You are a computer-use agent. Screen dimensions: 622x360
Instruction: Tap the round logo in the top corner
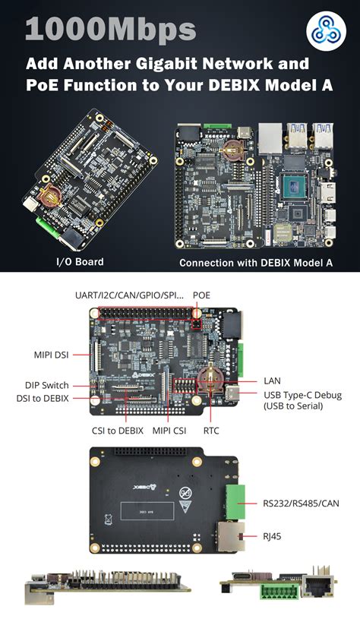(326, 31)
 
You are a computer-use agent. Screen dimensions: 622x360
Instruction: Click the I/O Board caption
(80, 262)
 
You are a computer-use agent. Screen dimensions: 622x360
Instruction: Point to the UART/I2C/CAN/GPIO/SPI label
(129, 295)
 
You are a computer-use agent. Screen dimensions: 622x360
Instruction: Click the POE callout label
(201, 295)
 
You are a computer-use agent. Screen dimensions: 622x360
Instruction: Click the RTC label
(211, 430)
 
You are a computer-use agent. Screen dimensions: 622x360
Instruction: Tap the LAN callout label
(272, 380)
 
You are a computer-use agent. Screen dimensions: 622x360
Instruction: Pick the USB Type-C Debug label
(302, 394)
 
